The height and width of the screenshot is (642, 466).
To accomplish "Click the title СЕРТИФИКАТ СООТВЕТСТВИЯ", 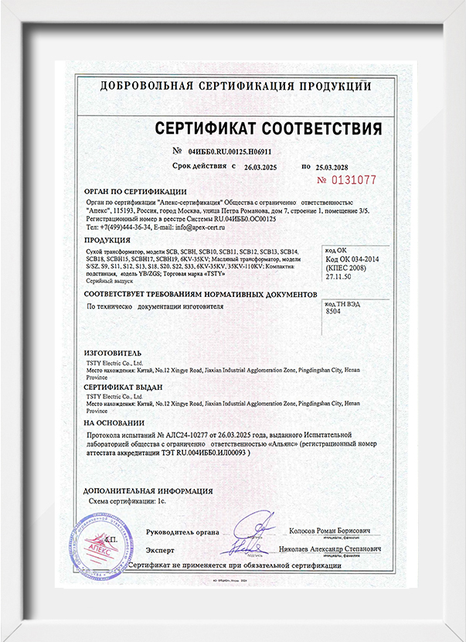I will click(268, 128).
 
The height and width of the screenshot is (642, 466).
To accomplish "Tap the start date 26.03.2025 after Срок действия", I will click(265, 167).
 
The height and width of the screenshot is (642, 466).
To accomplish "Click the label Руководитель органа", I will click(182, 531).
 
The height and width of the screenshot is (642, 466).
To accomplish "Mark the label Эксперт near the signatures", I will click(160, 550).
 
